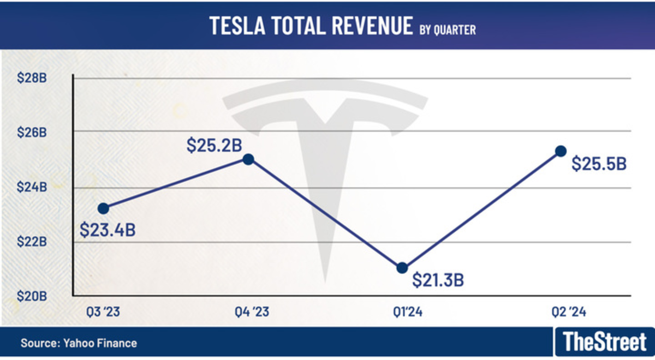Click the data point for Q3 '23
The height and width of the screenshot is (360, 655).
coord(103,208)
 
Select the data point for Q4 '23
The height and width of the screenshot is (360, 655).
coord(248,159)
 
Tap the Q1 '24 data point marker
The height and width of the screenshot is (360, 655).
coord(402,267)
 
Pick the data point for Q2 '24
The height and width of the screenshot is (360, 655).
coord(561,151)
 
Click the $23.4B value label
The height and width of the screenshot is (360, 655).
coord(108,230)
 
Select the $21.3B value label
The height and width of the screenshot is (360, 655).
coord(438,280)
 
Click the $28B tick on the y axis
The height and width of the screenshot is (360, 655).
coord(32,79)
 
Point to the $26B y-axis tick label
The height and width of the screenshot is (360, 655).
coord(32,132)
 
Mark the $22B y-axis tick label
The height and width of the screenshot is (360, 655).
coord(32,242)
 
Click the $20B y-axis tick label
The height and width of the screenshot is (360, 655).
coord(32,296)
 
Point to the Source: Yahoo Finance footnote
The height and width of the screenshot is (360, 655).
coord(79,343)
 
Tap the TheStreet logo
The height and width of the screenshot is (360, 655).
coord(604,342)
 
